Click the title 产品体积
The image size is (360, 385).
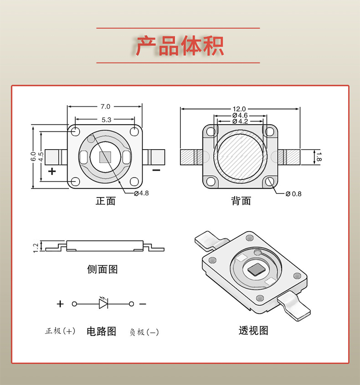180,46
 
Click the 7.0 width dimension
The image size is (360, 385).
105,107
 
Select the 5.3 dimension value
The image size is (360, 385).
105,120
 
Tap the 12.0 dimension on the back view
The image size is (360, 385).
240,109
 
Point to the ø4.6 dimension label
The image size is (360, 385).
240,115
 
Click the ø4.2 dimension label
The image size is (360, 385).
240,121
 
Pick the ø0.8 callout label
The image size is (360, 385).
293,193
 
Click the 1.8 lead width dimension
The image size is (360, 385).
319,157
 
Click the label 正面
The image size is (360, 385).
105,201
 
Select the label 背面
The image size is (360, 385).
241,201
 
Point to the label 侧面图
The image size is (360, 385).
103,269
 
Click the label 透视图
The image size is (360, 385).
253,330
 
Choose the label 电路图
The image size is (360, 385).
102,331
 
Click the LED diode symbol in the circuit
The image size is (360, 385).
103,303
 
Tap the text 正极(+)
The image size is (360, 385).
61,332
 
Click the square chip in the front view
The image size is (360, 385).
105,157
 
